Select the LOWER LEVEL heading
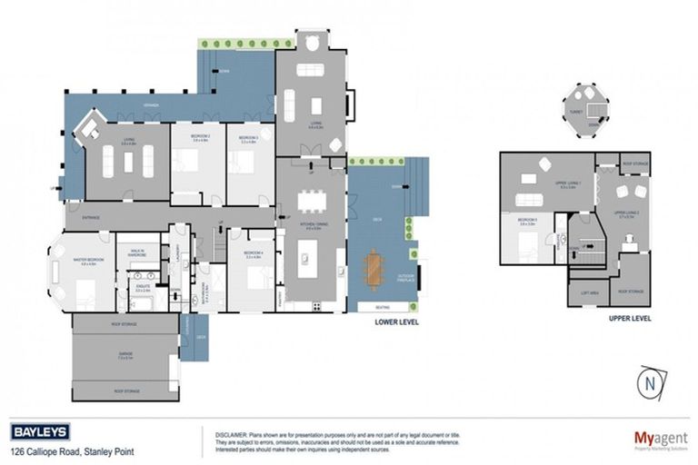[396, 322]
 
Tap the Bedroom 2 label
[199, 136]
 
